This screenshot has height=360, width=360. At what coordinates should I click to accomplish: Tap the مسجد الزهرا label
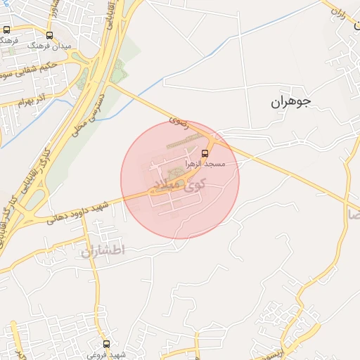pos(204,163)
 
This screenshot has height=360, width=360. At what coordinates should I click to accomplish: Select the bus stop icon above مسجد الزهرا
pos(205,153)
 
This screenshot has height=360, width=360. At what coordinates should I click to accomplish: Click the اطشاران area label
pos(101,251)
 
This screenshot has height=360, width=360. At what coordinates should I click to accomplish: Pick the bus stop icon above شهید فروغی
pos(106,345)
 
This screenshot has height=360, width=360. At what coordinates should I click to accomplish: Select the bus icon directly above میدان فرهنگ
pos(49,34)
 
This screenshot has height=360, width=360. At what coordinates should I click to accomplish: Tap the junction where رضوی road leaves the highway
pos(110,84)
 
